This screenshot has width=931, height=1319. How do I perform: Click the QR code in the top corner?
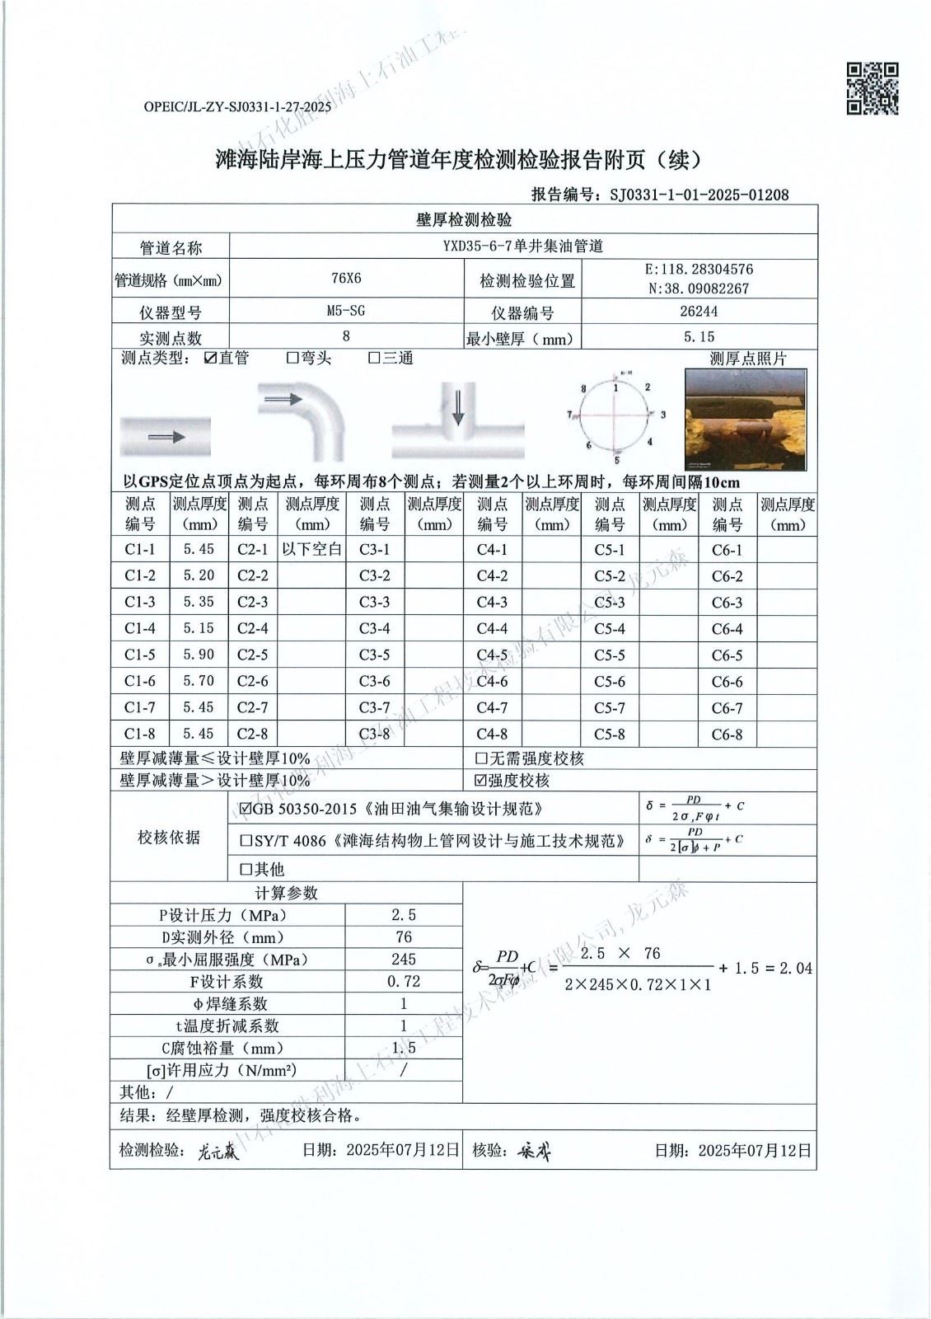873,88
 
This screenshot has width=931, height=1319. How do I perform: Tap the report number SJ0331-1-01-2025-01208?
699,195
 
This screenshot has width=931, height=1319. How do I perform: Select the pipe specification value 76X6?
346,279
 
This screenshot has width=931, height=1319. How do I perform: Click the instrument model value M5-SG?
346,311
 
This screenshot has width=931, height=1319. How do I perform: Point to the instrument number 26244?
699,311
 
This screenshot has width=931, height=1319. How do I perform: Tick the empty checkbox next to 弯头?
292,358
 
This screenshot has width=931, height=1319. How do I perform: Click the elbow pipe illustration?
304,419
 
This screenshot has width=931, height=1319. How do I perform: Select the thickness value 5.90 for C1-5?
199,655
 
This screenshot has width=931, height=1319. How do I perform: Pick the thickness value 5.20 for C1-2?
199,575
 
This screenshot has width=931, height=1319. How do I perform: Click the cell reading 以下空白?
312,549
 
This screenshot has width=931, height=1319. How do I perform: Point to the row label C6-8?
727,735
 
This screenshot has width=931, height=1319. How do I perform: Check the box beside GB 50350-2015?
246,810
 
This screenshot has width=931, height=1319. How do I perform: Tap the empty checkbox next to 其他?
246,869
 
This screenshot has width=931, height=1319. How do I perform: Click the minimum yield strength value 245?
404,960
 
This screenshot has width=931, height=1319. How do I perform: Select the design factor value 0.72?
404,982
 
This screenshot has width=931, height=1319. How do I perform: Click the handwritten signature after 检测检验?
218,1152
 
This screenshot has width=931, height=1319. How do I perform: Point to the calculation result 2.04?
795,969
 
